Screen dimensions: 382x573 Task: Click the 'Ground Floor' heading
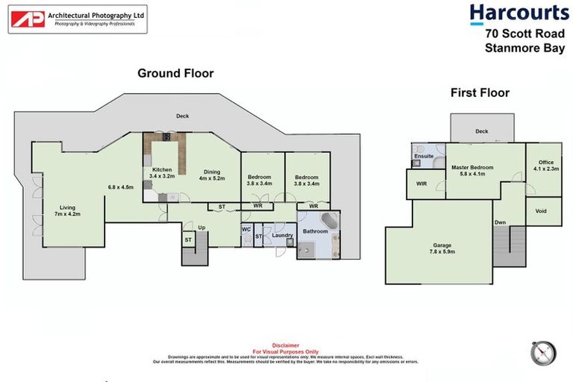(175, 73)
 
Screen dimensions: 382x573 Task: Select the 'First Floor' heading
(480, 93)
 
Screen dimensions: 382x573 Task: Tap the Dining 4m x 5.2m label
(212, 175)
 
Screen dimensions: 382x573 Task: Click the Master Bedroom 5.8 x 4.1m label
(472, 171)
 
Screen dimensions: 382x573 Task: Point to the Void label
(541, 211)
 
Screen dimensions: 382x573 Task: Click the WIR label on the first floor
(422, 184)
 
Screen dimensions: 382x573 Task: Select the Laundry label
(282, 236)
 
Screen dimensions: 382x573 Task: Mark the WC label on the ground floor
(245, 230)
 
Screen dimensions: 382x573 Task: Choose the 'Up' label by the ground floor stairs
(201, 227)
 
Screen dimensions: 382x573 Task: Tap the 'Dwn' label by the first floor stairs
(499, 222)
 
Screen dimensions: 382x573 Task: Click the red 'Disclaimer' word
(286, 345)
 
